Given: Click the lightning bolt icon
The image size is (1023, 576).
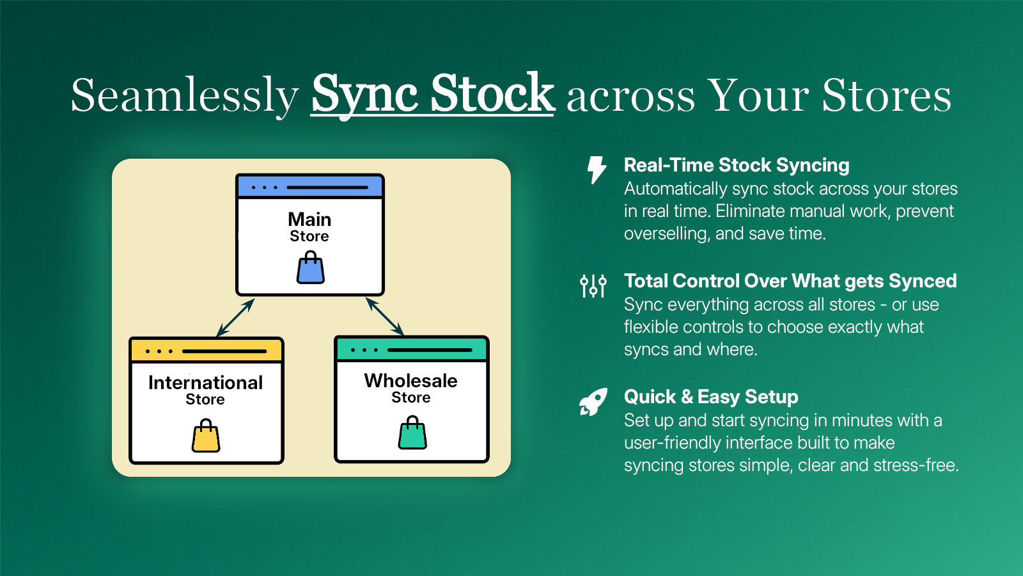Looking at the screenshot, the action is click(x=597, y=170).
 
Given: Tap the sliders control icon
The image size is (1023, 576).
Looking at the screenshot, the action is click(x=593, y=285).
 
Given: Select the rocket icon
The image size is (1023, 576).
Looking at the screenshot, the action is click(x=593, y=402).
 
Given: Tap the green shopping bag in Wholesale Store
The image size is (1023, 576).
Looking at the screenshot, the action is click(x=412, y=433).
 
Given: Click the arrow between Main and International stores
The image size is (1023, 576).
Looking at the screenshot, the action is click(x=235, y=317).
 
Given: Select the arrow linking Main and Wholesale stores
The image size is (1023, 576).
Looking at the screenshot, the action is click(x=384, y=316).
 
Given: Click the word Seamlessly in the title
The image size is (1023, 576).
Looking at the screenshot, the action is click(x=185, y=96).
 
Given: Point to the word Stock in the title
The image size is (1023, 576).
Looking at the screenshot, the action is click(x=493, y=93).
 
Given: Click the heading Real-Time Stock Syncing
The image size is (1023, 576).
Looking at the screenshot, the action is click(x=737, y=165).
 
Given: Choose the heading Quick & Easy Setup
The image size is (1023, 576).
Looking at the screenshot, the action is click(x=711, y=397).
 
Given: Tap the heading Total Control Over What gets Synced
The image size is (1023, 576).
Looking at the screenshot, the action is click(x=790, y=281).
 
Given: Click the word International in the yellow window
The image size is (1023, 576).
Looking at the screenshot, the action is click(x=205, y=383).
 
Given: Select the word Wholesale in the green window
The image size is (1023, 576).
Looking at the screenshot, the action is click(x=411, y=381).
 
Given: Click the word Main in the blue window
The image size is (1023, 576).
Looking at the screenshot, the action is click(x=309, y=220).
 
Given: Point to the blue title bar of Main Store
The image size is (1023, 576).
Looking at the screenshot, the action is click(x=309, y=186).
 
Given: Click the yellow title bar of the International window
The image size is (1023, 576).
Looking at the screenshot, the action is click(x=207, y=351).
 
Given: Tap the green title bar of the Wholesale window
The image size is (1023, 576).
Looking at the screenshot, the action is click(x=412, y=349).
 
